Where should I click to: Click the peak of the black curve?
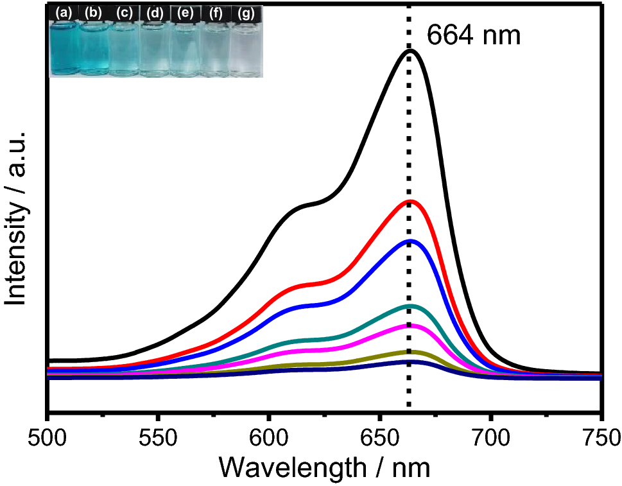click(410, 50)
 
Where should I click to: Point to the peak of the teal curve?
click(409, 306)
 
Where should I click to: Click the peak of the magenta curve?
click(409, 325)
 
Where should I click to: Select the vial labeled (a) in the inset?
click(64, 48)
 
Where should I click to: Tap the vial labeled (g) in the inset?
click(246, 48)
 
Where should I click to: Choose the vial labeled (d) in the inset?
click(155, 48)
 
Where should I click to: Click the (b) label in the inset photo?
click(94, 12)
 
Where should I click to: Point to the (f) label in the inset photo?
click(215, 12)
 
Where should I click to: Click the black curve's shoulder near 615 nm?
click(302, 206)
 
